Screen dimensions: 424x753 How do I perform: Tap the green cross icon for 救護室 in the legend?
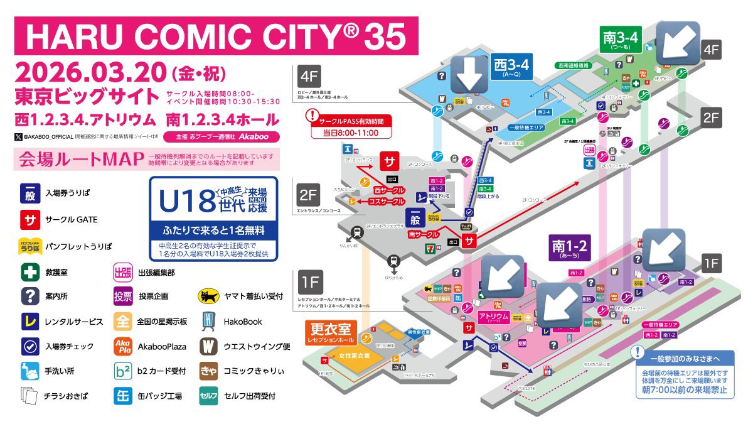(30, 271)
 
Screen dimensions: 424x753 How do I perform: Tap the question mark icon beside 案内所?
(30, 296)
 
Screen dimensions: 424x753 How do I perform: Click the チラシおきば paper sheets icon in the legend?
(30, 395)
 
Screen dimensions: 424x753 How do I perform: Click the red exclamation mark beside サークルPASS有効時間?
(312, 116)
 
